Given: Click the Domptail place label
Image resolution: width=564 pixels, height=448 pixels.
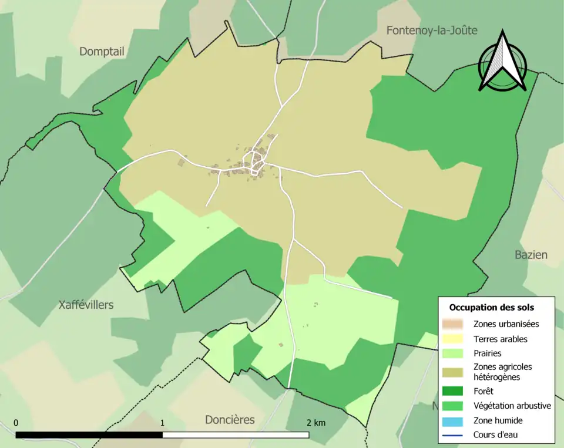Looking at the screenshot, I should (102, 52).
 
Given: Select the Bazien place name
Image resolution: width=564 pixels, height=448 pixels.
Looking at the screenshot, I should (531, 255).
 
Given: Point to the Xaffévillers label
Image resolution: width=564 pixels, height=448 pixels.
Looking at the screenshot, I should (86, 305).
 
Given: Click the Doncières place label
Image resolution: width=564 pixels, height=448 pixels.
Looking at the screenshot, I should (230, 420).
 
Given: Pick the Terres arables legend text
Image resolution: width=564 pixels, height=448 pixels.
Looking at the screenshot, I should (500, 339).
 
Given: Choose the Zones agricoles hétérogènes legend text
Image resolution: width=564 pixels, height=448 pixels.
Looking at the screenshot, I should (502, 372).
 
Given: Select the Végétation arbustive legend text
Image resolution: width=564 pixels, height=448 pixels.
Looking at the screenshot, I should (512, 405).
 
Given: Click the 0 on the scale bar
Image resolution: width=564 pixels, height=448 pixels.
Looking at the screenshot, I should (16, 423).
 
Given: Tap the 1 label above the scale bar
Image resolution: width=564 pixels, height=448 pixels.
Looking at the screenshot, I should (162, 423).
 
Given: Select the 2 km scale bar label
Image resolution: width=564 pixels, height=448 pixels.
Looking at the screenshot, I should (315, 423).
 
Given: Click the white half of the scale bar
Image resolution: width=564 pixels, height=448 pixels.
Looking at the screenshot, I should (236, 435).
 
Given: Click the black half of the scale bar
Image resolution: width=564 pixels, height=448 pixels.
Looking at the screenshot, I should (89, 435).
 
